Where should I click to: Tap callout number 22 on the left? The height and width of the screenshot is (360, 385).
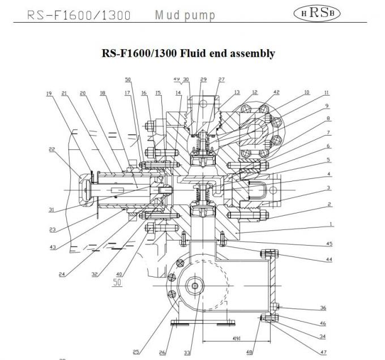click(52, 150)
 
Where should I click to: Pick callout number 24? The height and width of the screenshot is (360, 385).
click(62, 275)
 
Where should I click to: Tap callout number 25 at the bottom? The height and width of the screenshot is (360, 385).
click(136, 352)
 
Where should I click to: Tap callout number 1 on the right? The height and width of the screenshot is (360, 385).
click(330, 224)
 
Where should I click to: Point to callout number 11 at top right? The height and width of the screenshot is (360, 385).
click(327, 92)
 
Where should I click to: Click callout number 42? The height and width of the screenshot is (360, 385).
click(276, 92)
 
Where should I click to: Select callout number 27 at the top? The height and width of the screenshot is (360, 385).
click(221, 80)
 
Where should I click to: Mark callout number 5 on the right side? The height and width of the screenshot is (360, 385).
click(329, 161)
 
